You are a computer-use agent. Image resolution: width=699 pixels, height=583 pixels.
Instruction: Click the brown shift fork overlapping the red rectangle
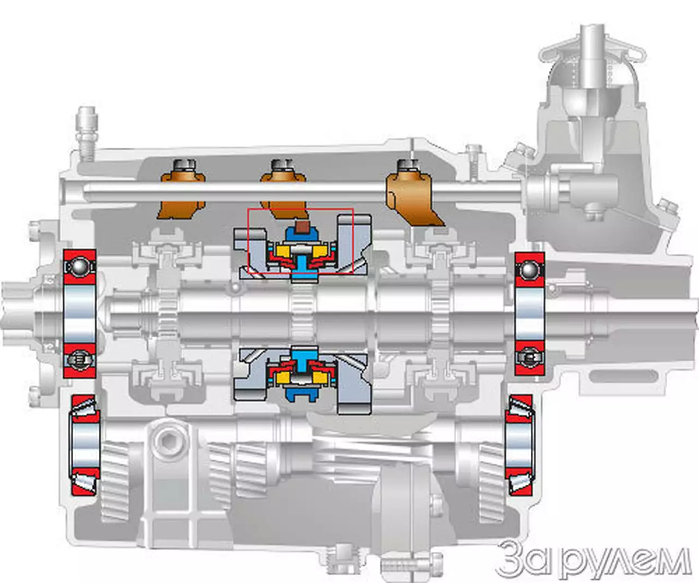[283, 192]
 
